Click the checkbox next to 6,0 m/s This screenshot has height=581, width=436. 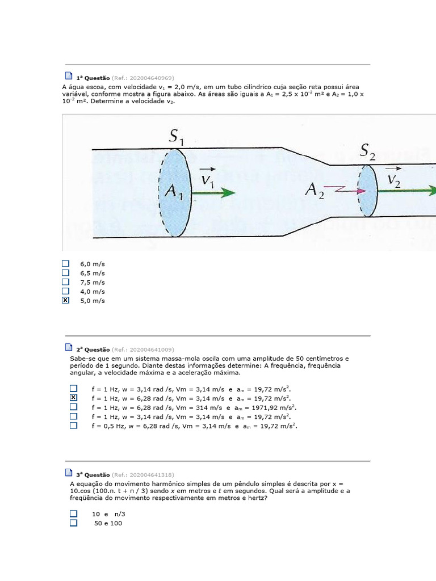[x=65, y=264]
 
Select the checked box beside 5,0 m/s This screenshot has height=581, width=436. [x=65, y=300]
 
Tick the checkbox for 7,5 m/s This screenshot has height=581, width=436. [x=65, y=282]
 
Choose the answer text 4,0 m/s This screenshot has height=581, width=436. [x=93, y=292]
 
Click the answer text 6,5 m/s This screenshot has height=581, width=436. [x=93, y=273]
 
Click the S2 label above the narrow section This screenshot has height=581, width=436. [x=367, y=151]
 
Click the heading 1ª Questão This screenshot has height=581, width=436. [x=93, y=78]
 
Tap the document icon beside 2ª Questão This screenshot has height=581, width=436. [x=69, y=347]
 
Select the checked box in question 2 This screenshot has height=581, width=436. [x=73, y=398]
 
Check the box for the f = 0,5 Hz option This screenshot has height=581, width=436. [x=73, y=425]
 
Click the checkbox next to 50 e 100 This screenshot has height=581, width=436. [x=73, y=523]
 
